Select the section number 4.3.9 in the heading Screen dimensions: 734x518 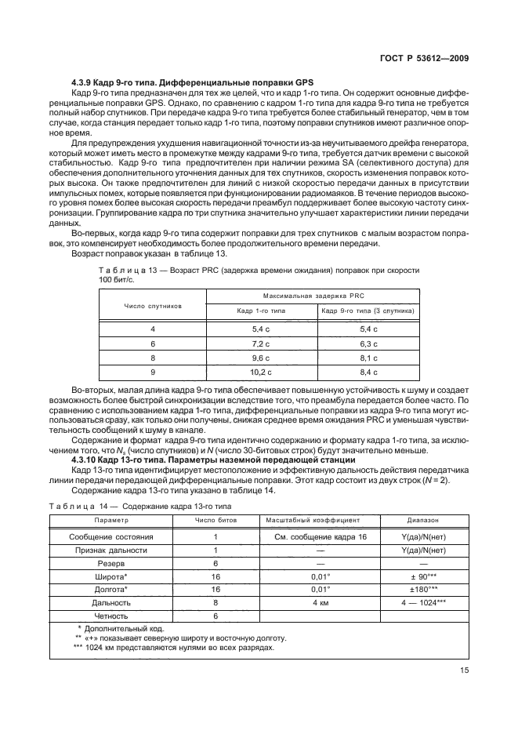click(x=82, y=83)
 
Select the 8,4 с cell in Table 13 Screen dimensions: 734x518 click(x=368, y=371)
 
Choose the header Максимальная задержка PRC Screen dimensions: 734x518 click(x=313, y=296)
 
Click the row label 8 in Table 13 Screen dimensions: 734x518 click(x=152, y=357)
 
